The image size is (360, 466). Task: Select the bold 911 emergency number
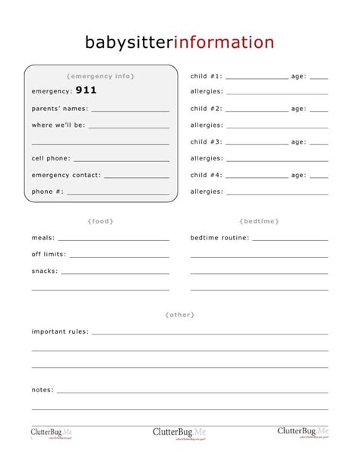86,90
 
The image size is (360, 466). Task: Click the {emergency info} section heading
100,76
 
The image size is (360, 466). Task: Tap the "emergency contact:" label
66,175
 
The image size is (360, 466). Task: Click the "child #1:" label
206,76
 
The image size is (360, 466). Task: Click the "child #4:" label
206,175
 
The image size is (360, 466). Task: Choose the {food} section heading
100,220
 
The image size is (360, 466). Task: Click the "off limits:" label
49,254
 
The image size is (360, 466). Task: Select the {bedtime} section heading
259,220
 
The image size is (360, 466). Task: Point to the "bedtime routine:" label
219,237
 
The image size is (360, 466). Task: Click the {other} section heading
179,314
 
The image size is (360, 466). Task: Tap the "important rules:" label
60,331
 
